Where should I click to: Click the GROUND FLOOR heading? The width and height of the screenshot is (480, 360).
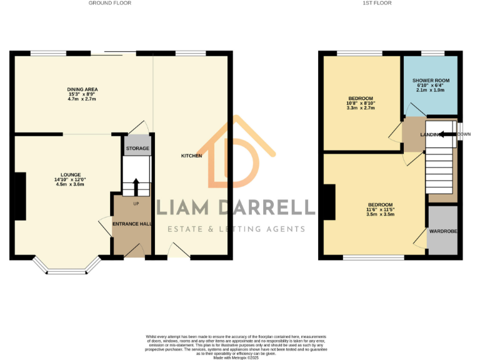point(110,3)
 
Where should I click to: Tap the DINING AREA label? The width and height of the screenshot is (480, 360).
point(82,89)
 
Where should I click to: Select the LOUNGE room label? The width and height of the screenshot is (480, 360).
point(71,175)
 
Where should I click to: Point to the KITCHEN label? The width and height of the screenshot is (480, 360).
point(191,156)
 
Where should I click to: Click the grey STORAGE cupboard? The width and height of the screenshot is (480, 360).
point(137,149)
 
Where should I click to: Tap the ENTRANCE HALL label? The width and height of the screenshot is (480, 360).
point(132,223)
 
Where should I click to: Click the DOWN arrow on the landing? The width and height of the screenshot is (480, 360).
point(444,134)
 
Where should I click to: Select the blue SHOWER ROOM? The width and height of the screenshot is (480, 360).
point(431,84)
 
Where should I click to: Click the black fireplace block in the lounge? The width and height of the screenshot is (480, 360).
point(21,196)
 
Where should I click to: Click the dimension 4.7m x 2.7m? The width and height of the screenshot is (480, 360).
point(82,99)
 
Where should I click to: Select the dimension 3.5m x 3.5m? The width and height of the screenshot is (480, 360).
point(380,214)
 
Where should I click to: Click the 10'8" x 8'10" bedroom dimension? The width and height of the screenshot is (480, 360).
point(361,103)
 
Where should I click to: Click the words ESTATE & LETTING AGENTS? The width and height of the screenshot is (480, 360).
point(241,229)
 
